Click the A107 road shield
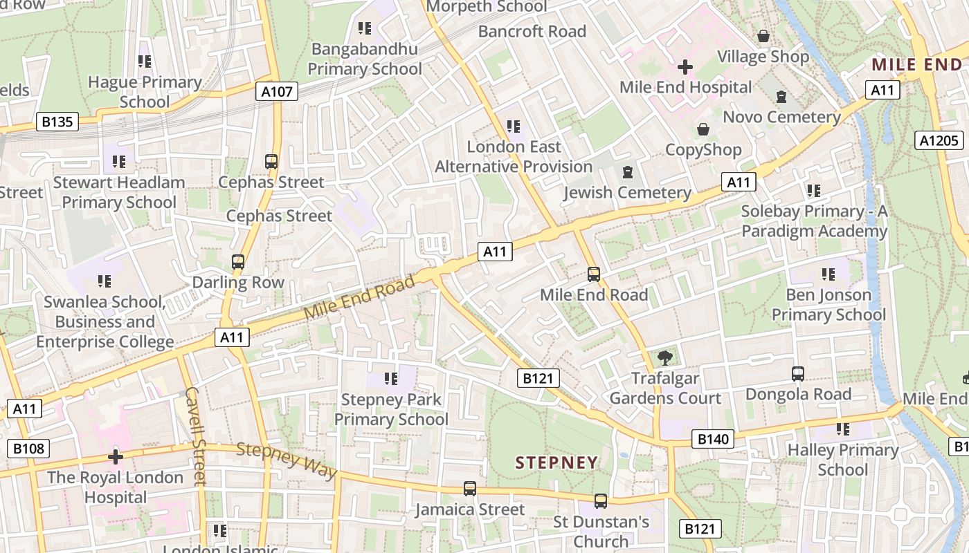[x=277, y=91]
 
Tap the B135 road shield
[x=57, y=122]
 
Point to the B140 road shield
[x=713, y=439]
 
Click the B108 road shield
[x=28, y=449]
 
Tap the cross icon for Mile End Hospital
[x=685, y=67]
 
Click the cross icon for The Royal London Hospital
[x=116, y=457]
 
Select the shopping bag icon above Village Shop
[x=763, y=36]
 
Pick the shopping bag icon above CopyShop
[x=703, y=129]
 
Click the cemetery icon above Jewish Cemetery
[x=628, y=172]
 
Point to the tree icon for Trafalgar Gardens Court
[x=665, y=358]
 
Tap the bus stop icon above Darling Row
[x=238, y=262]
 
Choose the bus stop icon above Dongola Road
[x=798, y=374]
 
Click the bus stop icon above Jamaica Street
[x=470, y=489]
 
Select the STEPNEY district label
[x=557, y=462]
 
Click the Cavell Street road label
[x=196, y=435]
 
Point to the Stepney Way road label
[x=287, y=460]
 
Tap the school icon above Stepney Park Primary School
[x=391, y=379]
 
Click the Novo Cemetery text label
[x=781, y=117]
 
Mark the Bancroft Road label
[x=532, y=31]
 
